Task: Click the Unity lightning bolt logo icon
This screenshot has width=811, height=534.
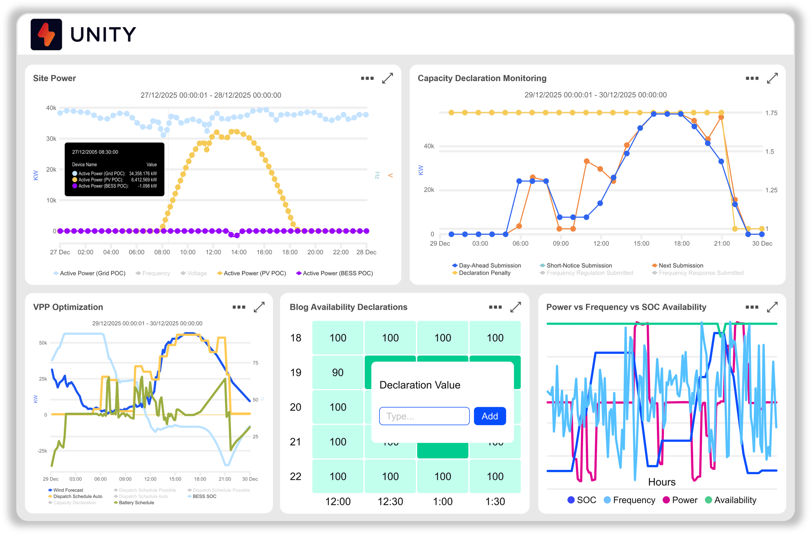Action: coord(46,35)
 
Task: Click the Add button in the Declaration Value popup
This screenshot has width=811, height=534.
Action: coord(489,416)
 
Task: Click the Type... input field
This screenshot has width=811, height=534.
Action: coord(424,416)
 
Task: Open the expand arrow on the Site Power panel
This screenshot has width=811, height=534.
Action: coord(387,78)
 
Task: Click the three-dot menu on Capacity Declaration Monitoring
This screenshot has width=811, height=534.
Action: coord(752,78)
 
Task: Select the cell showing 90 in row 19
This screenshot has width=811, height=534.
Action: coord(337,372)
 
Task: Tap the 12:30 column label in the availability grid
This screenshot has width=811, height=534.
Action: coord(390,502)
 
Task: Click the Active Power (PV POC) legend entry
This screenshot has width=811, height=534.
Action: coord(254,273)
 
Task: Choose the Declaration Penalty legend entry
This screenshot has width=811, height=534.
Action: coord(484,273)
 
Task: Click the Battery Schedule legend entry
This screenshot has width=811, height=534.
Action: coord(136,503)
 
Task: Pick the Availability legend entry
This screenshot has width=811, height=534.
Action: coord(735,500)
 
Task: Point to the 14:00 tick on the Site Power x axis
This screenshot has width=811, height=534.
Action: coord(238,252)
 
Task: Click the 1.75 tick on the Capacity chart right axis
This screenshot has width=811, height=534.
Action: coord(771,113)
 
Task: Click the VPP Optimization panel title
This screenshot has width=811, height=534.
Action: coord(68,307)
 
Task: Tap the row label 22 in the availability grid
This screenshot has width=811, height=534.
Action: coord(296,476)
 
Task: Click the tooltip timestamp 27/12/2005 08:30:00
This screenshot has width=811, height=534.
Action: coord(95,152)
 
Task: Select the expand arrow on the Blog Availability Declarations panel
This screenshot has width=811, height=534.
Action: coord(515,307)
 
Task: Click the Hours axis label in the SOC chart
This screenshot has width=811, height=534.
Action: coord(661,482)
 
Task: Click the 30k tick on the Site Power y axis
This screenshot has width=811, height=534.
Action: coord(51,138)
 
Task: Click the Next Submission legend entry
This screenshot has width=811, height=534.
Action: coord(680,266)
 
